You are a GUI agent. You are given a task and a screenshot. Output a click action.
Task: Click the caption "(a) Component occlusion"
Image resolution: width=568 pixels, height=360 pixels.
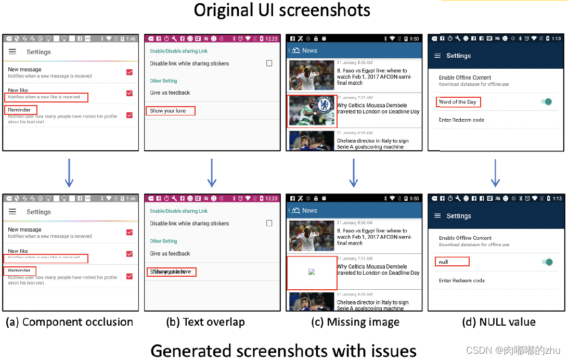pyautogui.click(x=69, y=322)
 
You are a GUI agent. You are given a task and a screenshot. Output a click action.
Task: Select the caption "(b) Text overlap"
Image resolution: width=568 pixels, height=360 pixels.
pyautogui.click(x=205, y=322)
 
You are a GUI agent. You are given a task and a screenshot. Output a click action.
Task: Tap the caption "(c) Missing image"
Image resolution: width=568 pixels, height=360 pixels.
pyautogui.click(x=355, y=323)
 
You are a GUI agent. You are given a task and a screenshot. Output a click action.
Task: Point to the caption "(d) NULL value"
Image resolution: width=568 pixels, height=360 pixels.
pyautogui.click(x=498, y=323)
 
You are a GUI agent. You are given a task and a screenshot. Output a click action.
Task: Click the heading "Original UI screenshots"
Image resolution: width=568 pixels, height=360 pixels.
pyautogui.click(x=282, y=10)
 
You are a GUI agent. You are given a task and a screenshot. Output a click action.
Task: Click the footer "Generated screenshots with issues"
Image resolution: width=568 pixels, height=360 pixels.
pyautogui.click(x=283, y=350)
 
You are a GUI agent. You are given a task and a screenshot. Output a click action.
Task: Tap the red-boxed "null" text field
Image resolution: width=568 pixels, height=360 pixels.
pyautogui.click(x=452, y=262)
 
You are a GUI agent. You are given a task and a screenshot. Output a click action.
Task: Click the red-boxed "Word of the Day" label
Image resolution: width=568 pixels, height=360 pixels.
pyautogui.click(x=458, y=102)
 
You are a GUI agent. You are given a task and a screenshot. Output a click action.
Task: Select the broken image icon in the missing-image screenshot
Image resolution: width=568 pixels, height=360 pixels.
pyautogui.click(x=312, y=272)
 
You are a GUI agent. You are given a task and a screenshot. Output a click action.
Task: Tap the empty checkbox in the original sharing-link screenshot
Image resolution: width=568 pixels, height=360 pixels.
pyautogui.click(x=269, y=63)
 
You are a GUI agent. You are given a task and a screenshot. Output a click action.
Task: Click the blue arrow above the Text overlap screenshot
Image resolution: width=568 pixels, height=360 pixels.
pyautogui.click(x=212, y=173)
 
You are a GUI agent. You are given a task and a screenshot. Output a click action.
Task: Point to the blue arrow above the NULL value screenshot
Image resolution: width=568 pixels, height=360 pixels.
pyautogui.click(x=496, y=173)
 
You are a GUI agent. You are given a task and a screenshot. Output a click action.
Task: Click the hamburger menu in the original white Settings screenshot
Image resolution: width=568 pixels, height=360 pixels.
pyautogui.click(x=12, y=52)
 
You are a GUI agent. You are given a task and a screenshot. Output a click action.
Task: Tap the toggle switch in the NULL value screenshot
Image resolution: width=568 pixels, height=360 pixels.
pyautogui.click(x=547, y=262)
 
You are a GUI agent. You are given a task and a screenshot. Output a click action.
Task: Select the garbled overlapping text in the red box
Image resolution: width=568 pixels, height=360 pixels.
pyautogui.click(x=171, y=272)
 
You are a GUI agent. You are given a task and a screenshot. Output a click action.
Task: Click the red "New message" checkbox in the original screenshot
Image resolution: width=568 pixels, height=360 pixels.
pyautogui.click(x=130, y=72)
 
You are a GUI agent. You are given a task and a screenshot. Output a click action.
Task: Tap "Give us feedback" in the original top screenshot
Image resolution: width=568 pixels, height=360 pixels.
pyautogui.click(x=170, y=93)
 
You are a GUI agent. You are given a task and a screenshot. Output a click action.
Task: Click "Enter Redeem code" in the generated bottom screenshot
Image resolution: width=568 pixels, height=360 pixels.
pyautogui.click(x=461, y=280)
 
